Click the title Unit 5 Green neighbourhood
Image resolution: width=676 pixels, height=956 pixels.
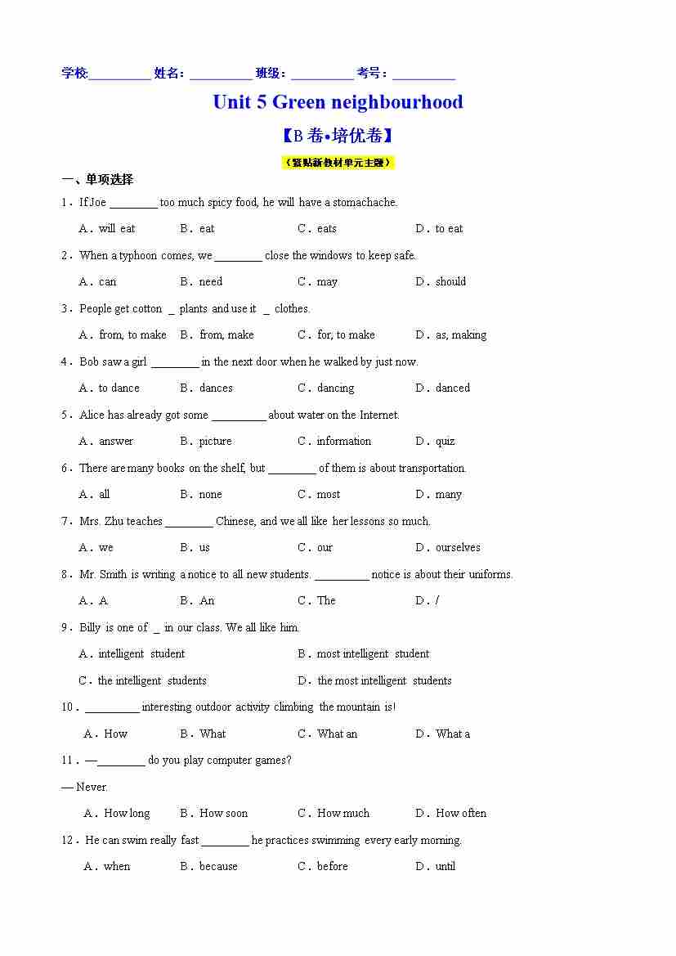[x=338, y=102]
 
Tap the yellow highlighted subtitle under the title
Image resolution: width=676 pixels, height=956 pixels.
[x=338, y=162]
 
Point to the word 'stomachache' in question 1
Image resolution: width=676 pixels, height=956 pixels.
[x=364, y=203]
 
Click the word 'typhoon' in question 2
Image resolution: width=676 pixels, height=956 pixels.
[x=138, y=256]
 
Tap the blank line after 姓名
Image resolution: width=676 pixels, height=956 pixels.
[x=221, y=74]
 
